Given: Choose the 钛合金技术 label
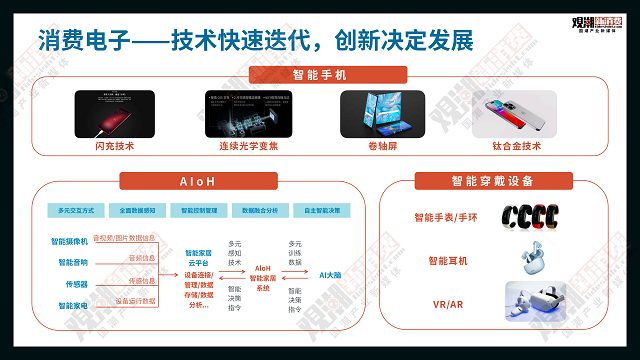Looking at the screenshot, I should coord(516,146).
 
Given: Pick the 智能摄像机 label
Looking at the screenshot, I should coord(69,241).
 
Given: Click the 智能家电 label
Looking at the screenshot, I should coord(69,304).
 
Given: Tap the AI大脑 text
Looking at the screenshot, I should coord(331,274).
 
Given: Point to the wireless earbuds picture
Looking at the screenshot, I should coord(527,259).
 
